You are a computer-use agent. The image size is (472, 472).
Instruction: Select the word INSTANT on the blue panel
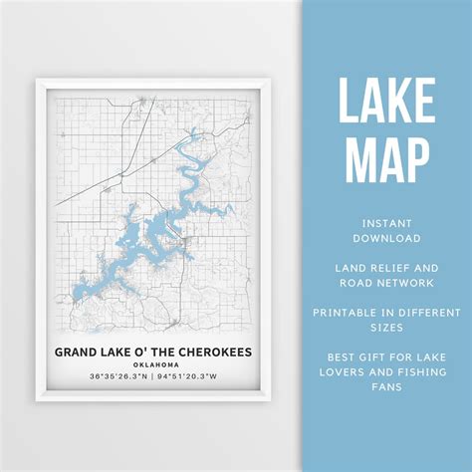coord(385,222)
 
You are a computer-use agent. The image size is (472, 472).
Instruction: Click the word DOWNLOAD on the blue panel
coord(385,238)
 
